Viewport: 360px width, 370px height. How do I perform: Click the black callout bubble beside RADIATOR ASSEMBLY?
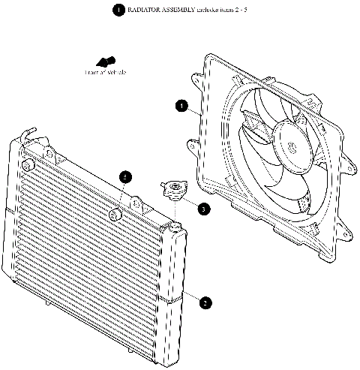pyautogui.click(x=118, y=10)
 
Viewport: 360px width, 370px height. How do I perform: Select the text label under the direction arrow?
pyautogui.click(x=105, y=72)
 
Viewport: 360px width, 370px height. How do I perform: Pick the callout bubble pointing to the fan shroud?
pyautogui.click(x=181, y=106)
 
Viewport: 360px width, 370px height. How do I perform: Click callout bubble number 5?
pyautogui.click(x=126, y=176)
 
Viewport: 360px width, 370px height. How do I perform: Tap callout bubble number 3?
pyautogui.click(x=204, y=209)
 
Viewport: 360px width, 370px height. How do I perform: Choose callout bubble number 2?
pyautogui.click(x=204, y=303)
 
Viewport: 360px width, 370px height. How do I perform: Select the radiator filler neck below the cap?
pyautogui.click(x=172, y=223)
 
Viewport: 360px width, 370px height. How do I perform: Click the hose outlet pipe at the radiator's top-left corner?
pyautogui.click(x=27, y=137)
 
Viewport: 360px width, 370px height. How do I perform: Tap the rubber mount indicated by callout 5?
pyautogui.click(x=115, y=215)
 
